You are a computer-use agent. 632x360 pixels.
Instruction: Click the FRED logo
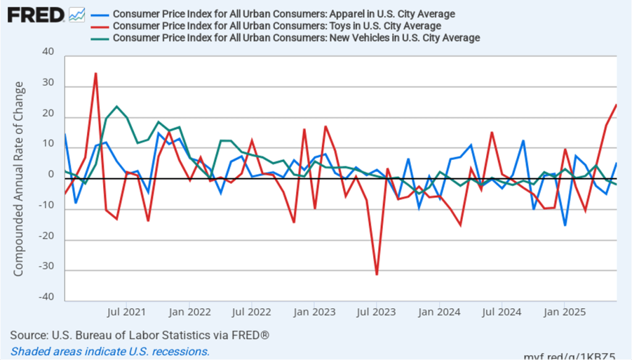36,14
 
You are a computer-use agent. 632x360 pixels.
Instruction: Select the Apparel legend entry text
284,14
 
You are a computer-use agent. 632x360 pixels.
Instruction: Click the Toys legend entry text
277,26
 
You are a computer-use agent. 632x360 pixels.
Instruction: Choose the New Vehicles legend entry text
297,38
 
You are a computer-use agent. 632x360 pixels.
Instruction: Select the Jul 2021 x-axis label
127,311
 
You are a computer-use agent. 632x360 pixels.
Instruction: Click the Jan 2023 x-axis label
314,311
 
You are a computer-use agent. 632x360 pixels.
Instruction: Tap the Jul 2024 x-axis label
501,311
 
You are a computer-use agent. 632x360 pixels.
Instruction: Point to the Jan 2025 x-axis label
563,311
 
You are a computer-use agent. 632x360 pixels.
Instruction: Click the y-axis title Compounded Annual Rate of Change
19,177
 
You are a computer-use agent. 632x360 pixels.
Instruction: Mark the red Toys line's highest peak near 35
96,73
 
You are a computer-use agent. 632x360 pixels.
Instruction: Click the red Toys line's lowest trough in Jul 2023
377,274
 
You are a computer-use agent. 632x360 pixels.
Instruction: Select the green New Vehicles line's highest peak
117,106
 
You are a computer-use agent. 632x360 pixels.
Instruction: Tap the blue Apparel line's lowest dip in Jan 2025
565,225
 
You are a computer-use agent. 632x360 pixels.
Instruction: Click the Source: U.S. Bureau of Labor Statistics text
140,335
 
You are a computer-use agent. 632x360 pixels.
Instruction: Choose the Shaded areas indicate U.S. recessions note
110,351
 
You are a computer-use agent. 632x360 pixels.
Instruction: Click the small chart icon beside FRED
77,14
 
